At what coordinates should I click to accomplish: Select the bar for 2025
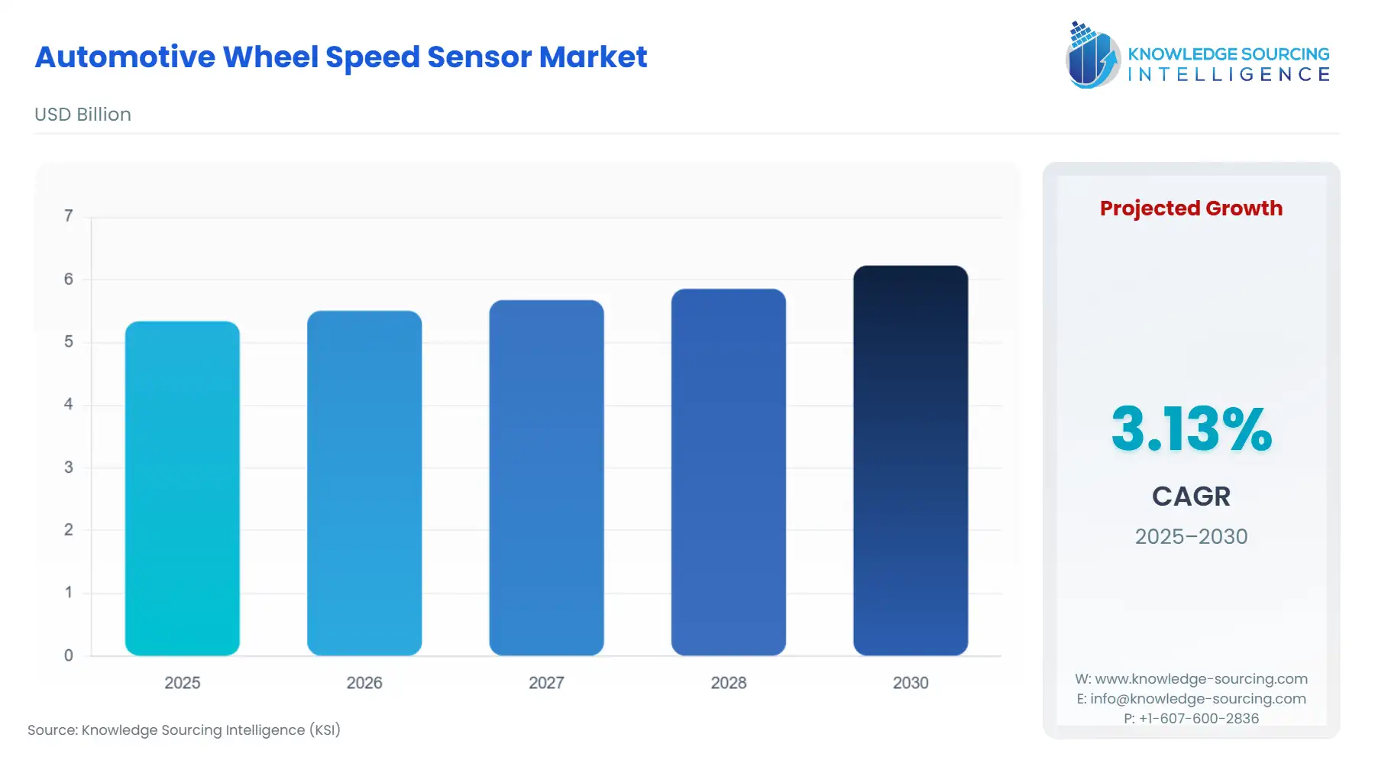(182, 489)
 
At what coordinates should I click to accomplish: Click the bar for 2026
(364, 483)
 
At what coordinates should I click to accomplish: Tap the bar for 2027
(546, 477)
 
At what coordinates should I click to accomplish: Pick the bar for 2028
(728, 472)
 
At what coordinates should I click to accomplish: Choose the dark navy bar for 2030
(911, 461)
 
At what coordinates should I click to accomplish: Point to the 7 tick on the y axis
(69, 216)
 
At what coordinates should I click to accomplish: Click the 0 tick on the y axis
(69, 655)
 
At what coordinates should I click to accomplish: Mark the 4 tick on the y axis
(69, 404)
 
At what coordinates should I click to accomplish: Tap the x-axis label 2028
(728, 683)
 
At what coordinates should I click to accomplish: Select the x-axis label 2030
(911, 683)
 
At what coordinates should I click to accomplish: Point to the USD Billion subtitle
(82, 115)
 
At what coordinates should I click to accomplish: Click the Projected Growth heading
(1191, 209)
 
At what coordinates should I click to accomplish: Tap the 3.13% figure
(1191, 429)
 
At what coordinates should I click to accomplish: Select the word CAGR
(1191, 496)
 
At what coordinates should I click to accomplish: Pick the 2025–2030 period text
(1191, 536)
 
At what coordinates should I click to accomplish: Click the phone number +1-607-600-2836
(1199, 719)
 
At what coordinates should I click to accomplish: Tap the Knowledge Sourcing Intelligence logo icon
(1092, 55)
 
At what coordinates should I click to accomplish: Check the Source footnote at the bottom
(184, 730)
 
